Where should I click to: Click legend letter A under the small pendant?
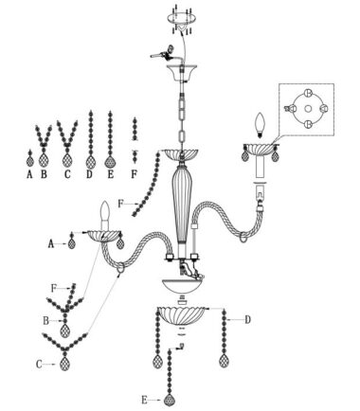click(29, 174)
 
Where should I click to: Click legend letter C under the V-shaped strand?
click(67, 174)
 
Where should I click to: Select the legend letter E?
click(110, 174)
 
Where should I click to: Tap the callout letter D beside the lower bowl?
click(248, 320)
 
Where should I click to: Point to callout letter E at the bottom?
click(144, 401)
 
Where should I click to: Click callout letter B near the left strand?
click(46, 321)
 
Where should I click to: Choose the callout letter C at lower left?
click(39, 365)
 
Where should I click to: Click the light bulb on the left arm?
click(105, 211)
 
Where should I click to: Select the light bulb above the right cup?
click(260, 125)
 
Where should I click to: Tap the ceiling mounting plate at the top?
click(180, 16)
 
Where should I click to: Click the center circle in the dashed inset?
click(308, 109)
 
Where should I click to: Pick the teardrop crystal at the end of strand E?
click(170, 401)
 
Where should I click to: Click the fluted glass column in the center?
click(182, 205)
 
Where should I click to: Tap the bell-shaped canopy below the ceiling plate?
click(182, 73)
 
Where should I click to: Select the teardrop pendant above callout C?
click(64, 364)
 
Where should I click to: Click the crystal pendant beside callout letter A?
click(72, 243)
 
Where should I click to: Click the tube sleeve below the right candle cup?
click(260, 169)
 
